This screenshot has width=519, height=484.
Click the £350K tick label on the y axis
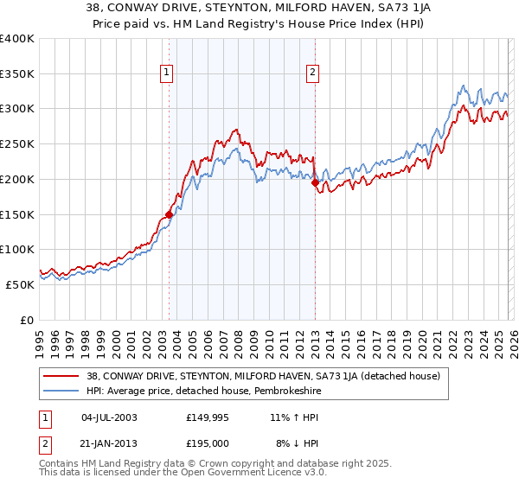point(17,74)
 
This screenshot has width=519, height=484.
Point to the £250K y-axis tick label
point(17,144)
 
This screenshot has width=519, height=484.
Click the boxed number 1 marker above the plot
point(166,73)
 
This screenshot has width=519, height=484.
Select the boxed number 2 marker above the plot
point(311,73)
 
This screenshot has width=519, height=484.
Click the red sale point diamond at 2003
point(170,214)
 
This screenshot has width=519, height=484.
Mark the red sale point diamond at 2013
point(316,182)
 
